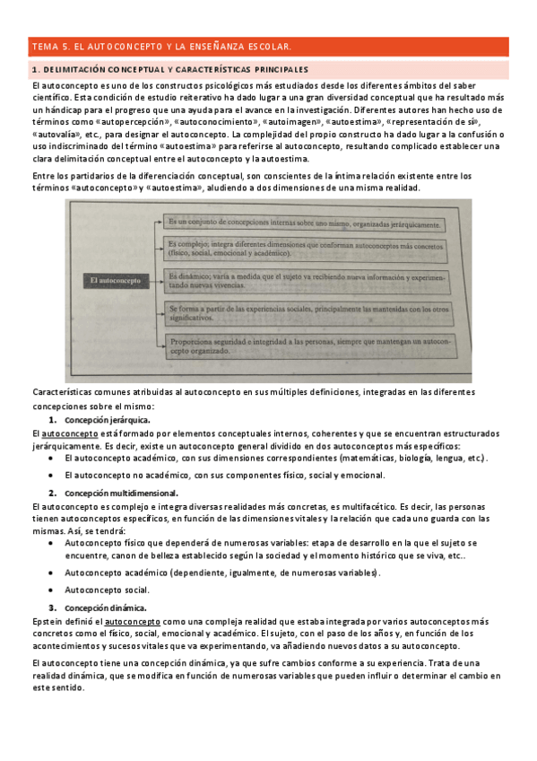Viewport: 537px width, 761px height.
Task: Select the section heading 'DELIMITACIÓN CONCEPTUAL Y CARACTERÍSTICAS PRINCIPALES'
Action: (x=170, y=69)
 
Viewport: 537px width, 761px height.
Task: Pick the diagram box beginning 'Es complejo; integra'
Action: (x=305, y=248)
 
